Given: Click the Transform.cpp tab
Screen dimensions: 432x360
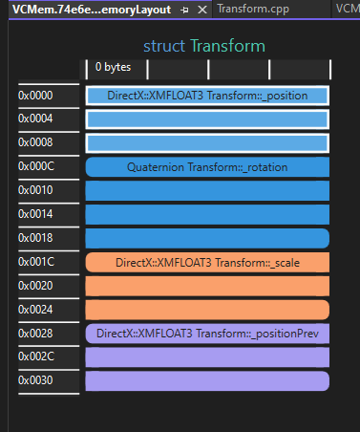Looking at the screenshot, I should (x=251, y=10).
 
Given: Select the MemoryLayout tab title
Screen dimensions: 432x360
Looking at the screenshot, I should (x=92, y=10).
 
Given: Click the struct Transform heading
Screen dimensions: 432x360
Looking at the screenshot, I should (x=203, y=46).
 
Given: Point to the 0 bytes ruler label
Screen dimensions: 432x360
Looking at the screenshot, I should (x=113, y=68).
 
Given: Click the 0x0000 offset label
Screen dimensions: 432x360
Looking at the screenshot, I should (x=35, y=96).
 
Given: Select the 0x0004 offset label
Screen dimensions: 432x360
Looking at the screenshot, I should (x=35, y=119).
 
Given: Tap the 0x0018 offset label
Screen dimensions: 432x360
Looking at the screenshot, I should (x=35, y=238).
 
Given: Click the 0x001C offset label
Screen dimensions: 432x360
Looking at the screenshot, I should (x=35, y=262).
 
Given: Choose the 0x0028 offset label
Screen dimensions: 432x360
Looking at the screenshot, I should (x=35, y=334).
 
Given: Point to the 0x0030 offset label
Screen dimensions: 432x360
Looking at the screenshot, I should (x=35, y=380).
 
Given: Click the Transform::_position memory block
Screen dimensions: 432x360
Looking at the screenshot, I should (x=207, y=96).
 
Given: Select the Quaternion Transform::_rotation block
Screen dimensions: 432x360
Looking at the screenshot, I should (x=207, y=167).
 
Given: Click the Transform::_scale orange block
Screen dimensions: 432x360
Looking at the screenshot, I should (x=207, y=262).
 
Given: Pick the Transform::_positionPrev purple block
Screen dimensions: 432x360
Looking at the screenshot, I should (x=207, y=334).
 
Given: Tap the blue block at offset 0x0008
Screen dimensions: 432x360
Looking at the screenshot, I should (x=207, y=143).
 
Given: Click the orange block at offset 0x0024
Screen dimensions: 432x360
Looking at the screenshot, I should (x=207, y=310).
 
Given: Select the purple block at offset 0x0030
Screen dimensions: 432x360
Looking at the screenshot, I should (x=207, y=380).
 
